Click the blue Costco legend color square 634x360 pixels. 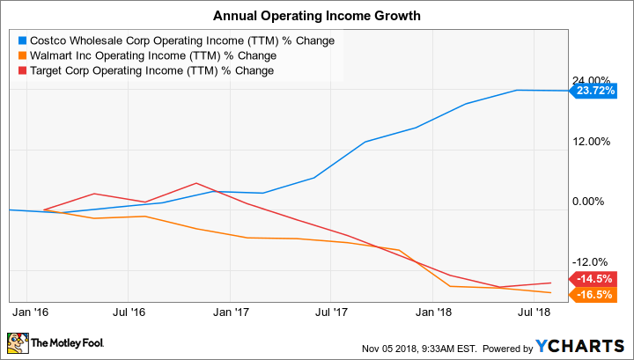coord(23,40)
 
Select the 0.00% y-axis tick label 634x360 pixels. coord(593,202)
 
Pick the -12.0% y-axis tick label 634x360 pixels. coord(592,261)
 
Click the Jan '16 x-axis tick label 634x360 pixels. coord(30,312)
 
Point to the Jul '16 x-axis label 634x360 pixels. coord(129,312)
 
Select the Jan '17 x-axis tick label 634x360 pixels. coord(231,312)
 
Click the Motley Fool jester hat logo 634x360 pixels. coord(17,342)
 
